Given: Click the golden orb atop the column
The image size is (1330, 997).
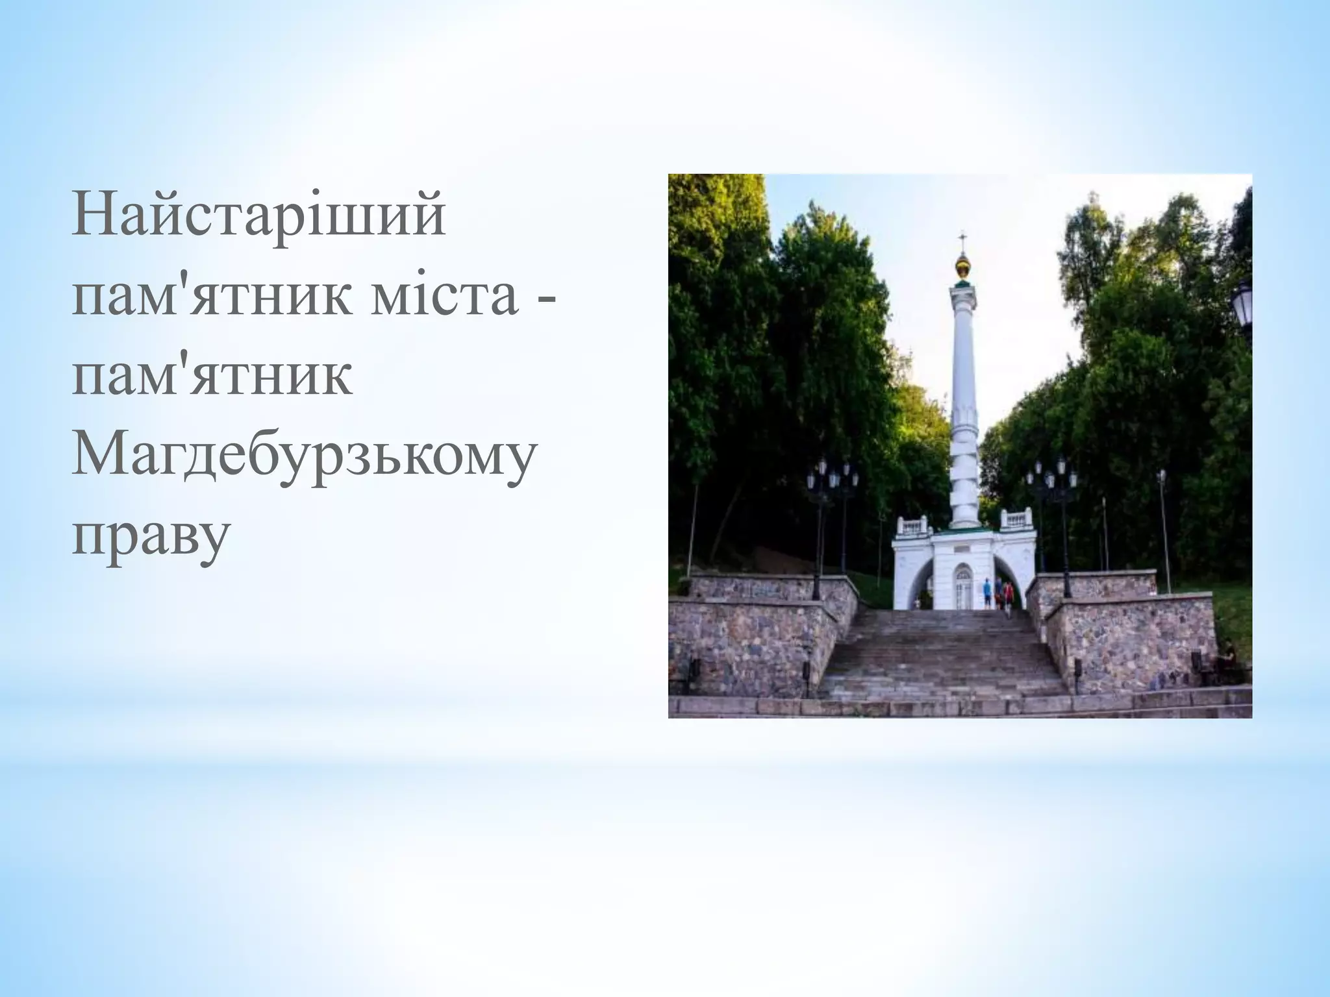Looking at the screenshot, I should (962, 266).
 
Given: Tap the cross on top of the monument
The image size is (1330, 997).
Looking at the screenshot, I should (962, 238).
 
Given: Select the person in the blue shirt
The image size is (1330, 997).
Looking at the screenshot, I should (988, 593).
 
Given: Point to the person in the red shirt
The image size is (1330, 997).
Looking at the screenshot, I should (1008, 594).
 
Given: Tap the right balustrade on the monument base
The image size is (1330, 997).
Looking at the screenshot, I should (1016, 519).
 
